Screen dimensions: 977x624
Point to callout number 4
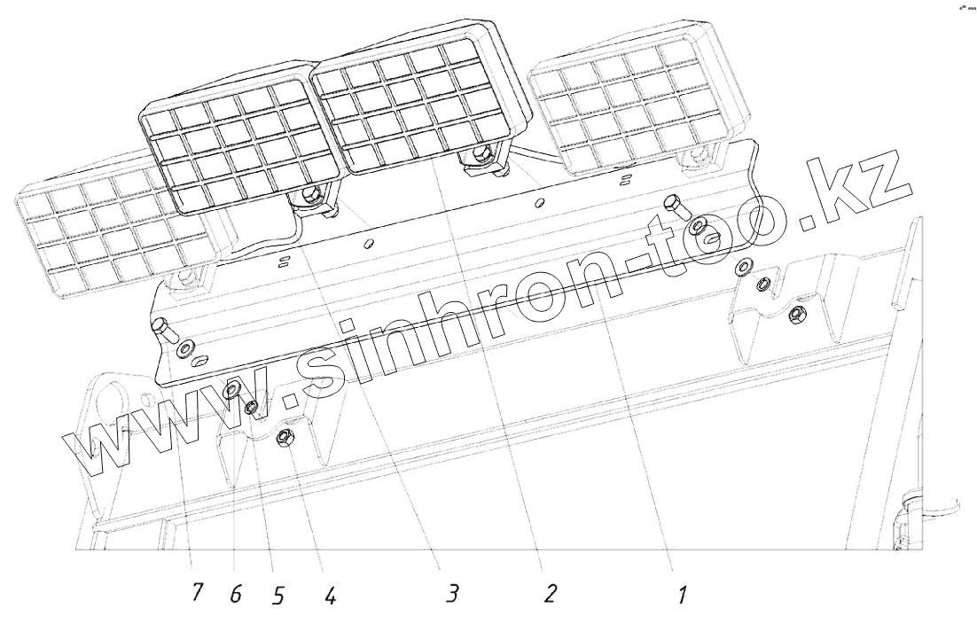pyautogui.click(x=329, y=595)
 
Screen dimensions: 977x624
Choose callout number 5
pyautogui.click(x=278, y=596)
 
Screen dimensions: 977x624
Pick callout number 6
pyautogui.click(x=235, y=595)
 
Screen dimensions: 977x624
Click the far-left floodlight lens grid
pyautogui.click(x=106, y=230)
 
